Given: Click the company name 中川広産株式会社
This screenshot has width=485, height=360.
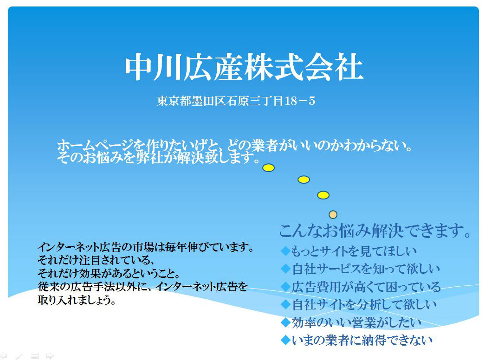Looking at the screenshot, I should click(243, 68).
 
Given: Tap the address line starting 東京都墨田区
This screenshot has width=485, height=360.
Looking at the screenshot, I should click(236, 101).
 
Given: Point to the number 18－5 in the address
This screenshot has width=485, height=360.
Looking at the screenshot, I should click(299, 101).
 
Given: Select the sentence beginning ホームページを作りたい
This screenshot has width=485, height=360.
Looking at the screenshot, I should click(235, 146).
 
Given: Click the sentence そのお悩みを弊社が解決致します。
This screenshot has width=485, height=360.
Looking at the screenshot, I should click(158, 158).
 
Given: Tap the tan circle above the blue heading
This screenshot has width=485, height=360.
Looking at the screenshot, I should click(333, 214).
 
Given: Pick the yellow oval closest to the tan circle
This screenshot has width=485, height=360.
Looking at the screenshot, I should click(323, 195).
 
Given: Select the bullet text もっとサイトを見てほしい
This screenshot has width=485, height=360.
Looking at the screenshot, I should click(354, 251).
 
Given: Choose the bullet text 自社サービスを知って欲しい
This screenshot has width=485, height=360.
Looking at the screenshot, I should click(366, 269).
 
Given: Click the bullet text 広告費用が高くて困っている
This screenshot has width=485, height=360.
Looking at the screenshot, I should click(366, 287).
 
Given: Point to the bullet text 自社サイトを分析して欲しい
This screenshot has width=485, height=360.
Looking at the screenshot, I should click(364, 305).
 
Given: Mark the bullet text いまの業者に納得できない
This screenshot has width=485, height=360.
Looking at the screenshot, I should click(362, 340).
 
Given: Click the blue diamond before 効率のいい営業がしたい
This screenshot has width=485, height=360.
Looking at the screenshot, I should click(285, 322).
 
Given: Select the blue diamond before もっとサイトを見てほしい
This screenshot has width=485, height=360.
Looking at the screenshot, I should click(285, 251).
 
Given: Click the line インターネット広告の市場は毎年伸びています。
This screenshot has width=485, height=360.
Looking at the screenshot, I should click(146, 247).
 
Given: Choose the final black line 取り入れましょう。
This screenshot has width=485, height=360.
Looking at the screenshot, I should click(77, 300).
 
